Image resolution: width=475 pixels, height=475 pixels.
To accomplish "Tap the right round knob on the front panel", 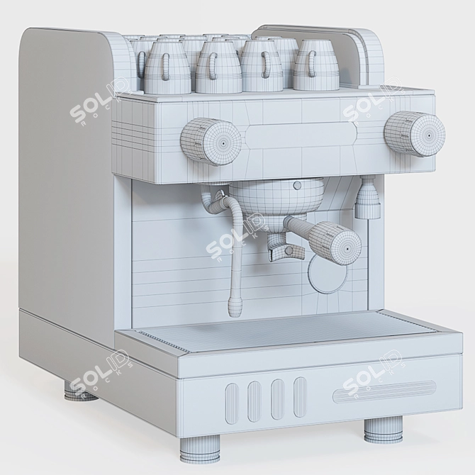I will point(415,133).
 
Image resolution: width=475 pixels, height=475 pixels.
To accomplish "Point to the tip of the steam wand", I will point(233,308).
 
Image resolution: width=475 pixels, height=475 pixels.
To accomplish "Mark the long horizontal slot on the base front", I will point(385,390).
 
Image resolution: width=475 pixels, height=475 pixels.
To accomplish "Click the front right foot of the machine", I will point(383,430).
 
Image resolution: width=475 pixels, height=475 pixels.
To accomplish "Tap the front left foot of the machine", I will point(200,449).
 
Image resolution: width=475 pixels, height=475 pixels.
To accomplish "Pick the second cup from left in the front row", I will point(217,67).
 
